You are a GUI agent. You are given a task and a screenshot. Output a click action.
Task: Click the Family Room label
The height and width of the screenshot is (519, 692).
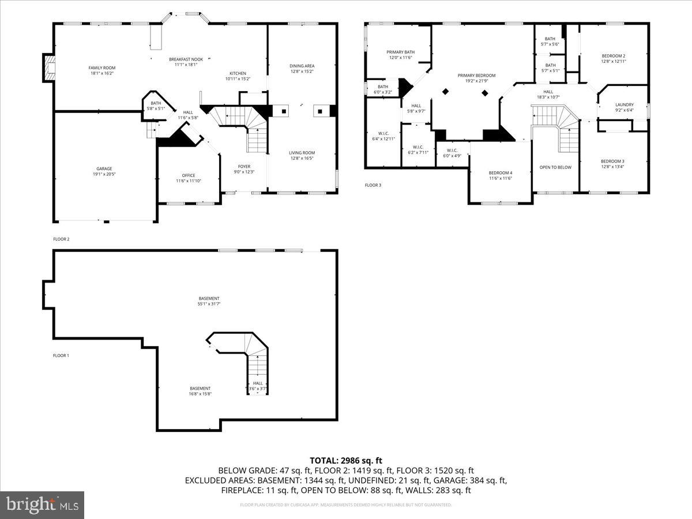101,68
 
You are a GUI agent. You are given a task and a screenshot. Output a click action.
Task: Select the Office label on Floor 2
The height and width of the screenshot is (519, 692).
188,175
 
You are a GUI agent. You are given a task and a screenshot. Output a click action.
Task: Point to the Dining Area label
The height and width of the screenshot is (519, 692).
302,66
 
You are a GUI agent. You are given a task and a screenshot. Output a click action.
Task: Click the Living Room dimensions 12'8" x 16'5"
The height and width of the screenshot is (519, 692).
302,158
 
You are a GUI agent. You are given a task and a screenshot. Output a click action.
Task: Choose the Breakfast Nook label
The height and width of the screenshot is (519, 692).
186,59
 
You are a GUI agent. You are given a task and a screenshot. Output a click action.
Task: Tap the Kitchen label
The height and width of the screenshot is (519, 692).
238,73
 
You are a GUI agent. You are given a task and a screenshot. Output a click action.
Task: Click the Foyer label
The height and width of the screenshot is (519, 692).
244,166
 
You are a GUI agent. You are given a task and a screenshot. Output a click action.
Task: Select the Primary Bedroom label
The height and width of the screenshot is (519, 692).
476,76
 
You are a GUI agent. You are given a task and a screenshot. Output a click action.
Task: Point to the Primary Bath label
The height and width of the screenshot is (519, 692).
400,52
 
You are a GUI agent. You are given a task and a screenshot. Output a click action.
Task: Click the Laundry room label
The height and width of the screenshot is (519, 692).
624,105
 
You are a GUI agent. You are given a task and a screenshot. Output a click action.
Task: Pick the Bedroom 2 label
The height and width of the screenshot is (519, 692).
613,56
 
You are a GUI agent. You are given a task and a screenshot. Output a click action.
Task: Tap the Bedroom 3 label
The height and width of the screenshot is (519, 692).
612,161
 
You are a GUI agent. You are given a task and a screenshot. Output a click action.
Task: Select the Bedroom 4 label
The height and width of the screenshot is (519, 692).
500,173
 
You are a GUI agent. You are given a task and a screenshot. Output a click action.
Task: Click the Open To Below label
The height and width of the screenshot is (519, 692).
555,167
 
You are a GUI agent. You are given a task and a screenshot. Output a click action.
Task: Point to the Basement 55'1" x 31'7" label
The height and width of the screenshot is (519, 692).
208,298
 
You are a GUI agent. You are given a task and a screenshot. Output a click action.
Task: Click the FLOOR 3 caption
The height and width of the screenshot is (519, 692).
373,185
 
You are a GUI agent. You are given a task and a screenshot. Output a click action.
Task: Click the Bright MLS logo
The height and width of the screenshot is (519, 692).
42,505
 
